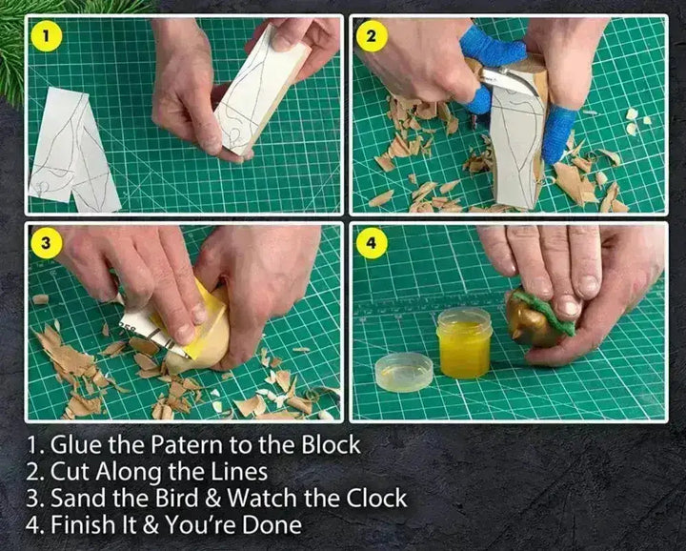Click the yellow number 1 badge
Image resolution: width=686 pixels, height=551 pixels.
pos(46,37)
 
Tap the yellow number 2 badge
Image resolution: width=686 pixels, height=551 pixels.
pos(371,36)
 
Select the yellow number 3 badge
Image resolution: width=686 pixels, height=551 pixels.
pos(46,243)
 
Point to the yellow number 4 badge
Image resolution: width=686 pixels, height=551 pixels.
pos(371,243)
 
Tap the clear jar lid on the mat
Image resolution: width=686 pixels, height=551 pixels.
pos(404,372)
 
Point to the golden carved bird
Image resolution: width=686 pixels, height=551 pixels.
pos(532,319)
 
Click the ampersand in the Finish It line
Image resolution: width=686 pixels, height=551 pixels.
pos(151,524)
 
